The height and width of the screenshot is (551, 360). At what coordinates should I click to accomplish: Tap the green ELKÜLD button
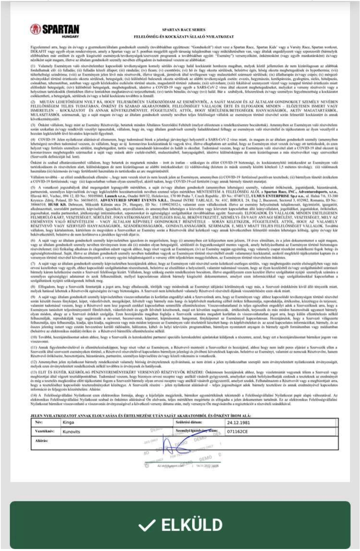(x=180, y=525)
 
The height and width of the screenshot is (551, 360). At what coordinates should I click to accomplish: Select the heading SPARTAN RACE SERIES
(x=184, y=30)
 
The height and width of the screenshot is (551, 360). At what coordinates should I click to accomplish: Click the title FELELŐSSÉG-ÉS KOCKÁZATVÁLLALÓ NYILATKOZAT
(x=184, y=36)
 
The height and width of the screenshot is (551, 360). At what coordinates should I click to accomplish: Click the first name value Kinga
(x=68, y=423)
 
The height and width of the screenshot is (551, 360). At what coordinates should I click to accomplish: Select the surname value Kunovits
(x=71, y=431)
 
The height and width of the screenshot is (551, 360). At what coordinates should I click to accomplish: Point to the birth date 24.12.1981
(x=238, y=423)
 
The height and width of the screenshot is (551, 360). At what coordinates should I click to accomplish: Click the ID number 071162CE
(x=237, y=431)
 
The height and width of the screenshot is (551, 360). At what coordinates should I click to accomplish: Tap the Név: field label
(x=39, y=423)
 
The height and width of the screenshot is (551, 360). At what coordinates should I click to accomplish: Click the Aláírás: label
(x=42, y=440)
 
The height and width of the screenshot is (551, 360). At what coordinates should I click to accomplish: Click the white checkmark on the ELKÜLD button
(x=147, y=526)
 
